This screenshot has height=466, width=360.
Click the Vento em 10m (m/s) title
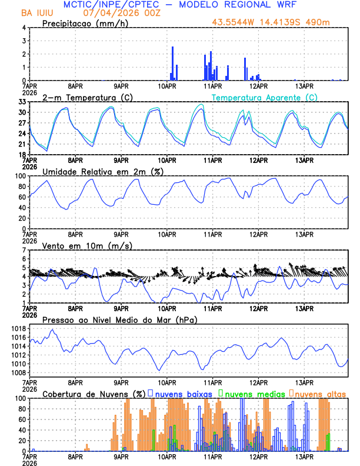click(x=87, y=245)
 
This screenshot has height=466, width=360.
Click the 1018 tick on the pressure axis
click(x=21, y=328)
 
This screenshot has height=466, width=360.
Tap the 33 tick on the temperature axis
click(x=22, y=102)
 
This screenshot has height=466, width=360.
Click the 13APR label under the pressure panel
click(x=304, y=382)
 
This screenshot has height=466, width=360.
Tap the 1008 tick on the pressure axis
click(x=21, y=372)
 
